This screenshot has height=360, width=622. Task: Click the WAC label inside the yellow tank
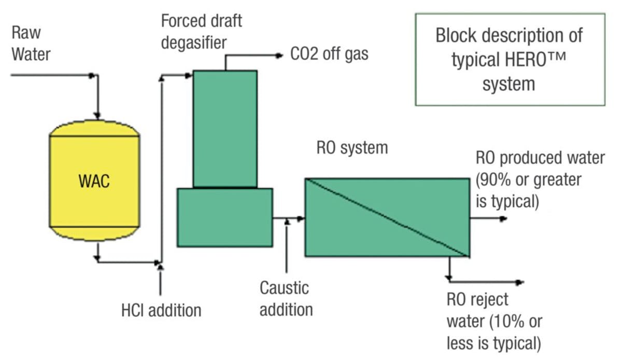pyautogui.click(x=94, y=182)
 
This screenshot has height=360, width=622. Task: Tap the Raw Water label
pyautogui.click(x=31, y=43)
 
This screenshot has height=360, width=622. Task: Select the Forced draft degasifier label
pyautogui.click(x=201, y=32)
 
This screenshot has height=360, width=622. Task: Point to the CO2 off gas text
pyautogui.click(x=329, y=54)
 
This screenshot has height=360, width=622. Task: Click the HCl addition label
pyautogui.click(x=161, y=310)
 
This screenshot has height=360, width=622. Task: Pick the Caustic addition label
pyautogui.click(x=286, y=298)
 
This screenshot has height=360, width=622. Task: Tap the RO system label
pyautogui.click(x=352, y=147)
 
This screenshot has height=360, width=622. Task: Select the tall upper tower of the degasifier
pyautogui.click(x=225, y=128)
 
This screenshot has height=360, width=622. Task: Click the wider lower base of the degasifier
pyautogui.click(x=224, y=217)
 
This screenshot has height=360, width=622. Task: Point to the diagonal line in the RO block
pyautogui.click(x=387, y=217)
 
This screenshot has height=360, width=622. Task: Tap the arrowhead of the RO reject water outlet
pyautogui.click(x=519, y=283)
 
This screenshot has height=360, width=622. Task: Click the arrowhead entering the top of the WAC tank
pyautogui.click(x=96, y=115)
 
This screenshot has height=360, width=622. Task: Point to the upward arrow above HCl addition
pyautogui.click(x=161, y=267)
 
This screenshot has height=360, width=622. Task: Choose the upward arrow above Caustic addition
pyautogui.click(x=287, y=223)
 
